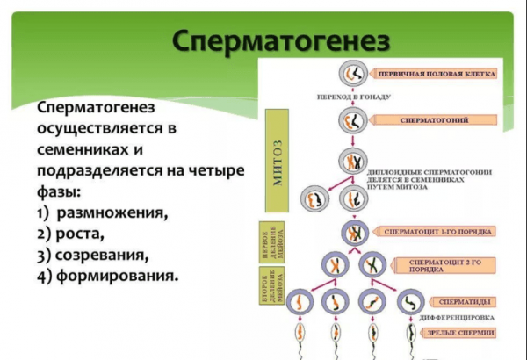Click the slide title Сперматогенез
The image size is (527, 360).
280,41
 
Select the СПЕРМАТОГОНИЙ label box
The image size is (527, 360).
434,119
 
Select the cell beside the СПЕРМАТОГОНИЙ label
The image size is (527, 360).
352,118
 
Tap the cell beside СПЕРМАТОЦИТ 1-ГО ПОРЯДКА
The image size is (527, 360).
352,233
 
